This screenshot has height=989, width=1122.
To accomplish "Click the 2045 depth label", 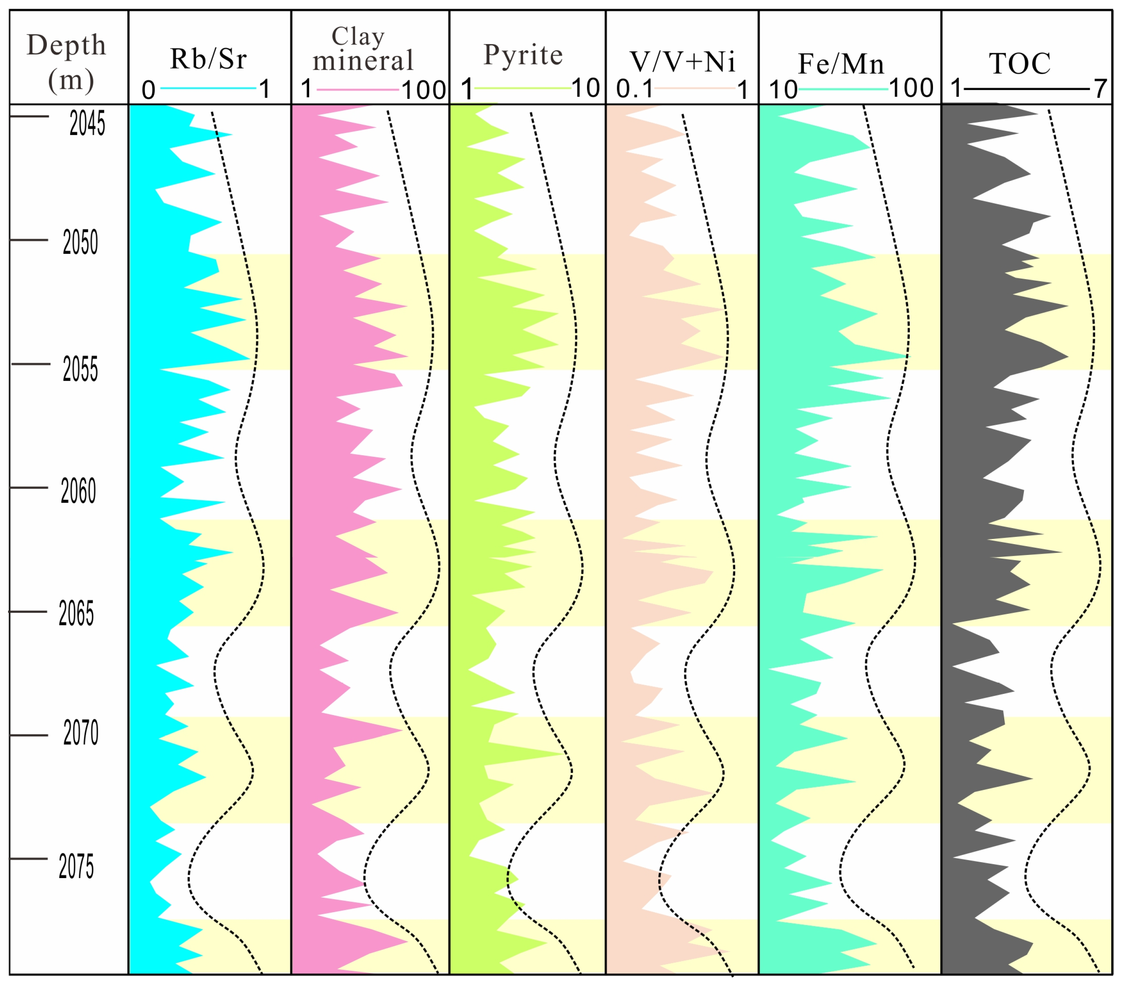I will pyautogui.click(x=87, y=123).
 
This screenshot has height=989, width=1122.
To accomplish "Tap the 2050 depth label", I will pyautogui.click(x=80, y=243).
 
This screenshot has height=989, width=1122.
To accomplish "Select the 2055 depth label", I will pyautogui.click(x=80, y=369).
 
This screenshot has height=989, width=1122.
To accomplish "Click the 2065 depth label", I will pyautogui.click(x=76, y=613).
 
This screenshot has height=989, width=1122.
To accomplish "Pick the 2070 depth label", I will pyautogui.click(x=81, y=733).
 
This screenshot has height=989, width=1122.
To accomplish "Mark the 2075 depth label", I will pyautogui.click(x=76, y=867).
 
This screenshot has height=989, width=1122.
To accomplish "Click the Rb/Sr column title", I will pyautogui.click(x=208, y=59).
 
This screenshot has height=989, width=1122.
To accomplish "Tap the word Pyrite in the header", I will pyautogui.click(x=523, y=55).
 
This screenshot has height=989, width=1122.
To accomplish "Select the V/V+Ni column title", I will pyautogui.click(x=682, y=62).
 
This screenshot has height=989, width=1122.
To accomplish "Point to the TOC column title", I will pyautogui.click(x=1020, y=64).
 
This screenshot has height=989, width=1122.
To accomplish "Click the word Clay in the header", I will pyautogui.click(x=358, y=37).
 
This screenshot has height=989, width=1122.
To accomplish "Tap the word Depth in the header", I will pyautogui.click(x=66, y=45).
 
